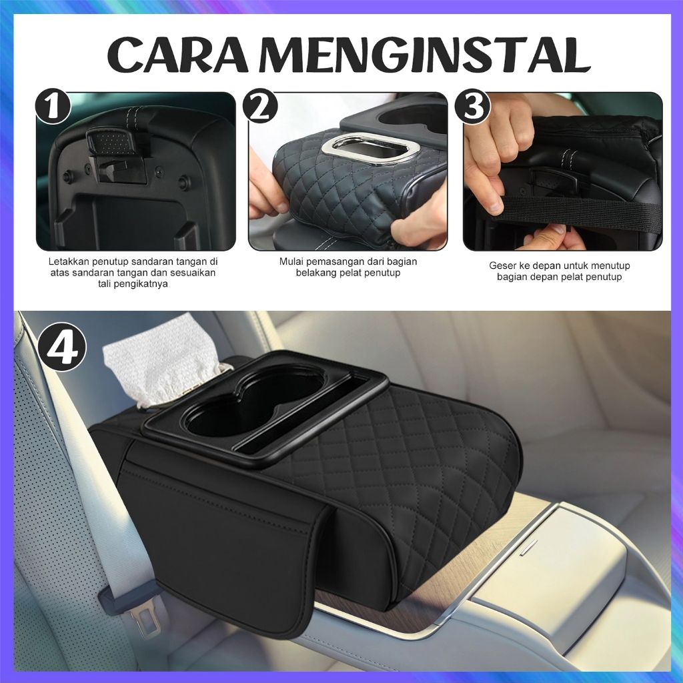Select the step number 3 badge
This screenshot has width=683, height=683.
point(473,107)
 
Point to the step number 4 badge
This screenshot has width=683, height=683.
point(62,348)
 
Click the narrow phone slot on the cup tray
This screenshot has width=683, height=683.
point(314,420)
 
